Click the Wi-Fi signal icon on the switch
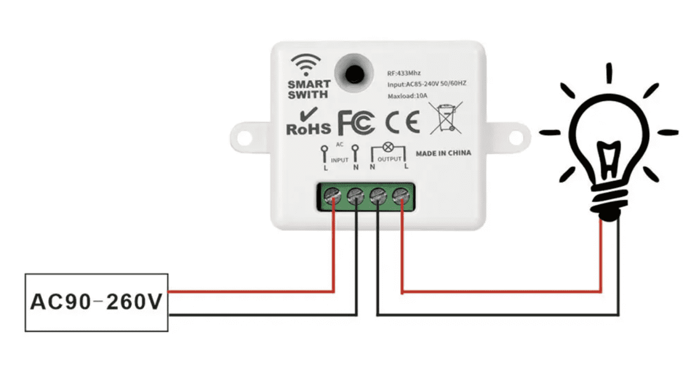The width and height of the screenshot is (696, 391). coord(305,63)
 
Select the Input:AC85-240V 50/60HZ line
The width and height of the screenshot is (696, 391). coord(427,85)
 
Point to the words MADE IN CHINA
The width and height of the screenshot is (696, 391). coord(444,153)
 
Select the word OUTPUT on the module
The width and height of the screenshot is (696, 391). coord(390,159)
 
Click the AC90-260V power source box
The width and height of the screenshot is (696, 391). coord(96,302)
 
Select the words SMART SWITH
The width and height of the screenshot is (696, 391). coord(308,89)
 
